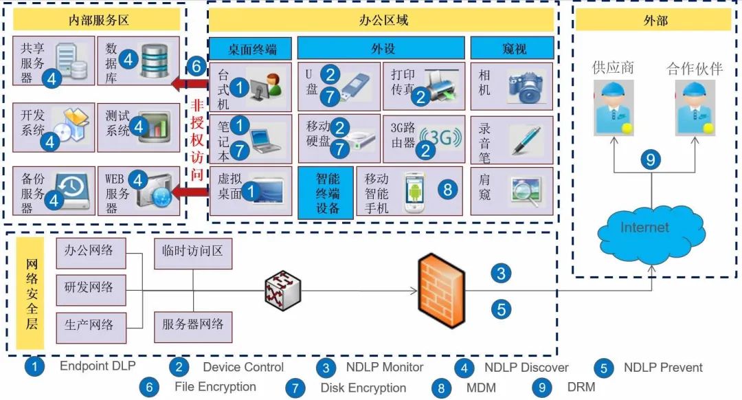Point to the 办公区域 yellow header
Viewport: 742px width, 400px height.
[x=382, y=20]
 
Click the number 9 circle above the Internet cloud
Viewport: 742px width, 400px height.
[x=650, y=160]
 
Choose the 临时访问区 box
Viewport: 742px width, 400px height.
[x=193, y=252]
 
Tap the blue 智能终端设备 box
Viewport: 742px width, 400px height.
[x=326, y=192]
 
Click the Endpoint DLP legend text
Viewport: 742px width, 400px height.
[x=94, y=366]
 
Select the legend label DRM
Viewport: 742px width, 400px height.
[x=582, y=387]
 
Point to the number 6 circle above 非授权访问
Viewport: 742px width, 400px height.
[x=196, y=67]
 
